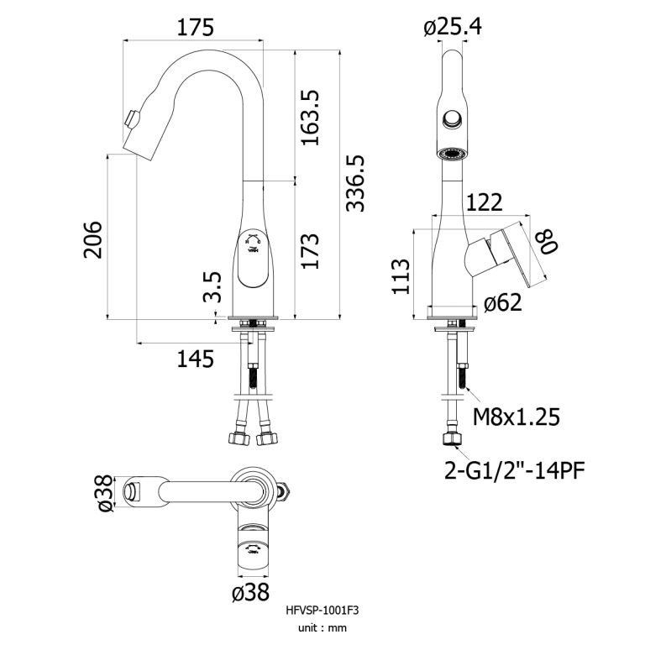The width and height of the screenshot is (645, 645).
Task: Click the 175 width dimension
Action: (195, 28)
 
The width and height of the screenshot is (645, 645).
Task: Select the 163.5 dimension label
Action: (311, 117)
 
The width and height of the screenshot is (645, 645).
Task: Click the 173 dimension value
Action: (310, 251)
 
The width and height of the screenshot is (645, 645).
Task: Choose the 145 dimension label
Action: (195, 359)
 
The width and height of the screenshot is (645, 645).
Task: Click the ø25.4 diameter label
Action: (453, 28)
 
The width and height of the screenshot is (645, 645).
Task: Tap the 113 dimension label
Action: (401, 276)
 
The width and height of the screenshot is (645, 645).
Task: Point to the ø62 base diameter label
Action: (505, 302)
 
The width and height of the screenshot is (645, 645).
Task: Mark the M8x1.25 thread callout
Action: (516, 417)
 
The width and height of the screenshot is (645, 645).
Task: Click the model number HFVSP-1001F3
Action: (322, 611)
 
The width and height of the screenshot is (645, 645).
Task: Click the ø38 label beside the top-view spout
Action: (104, 494)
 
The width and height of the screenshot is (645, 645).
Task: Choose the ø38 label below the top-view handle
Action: (249, 593)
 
